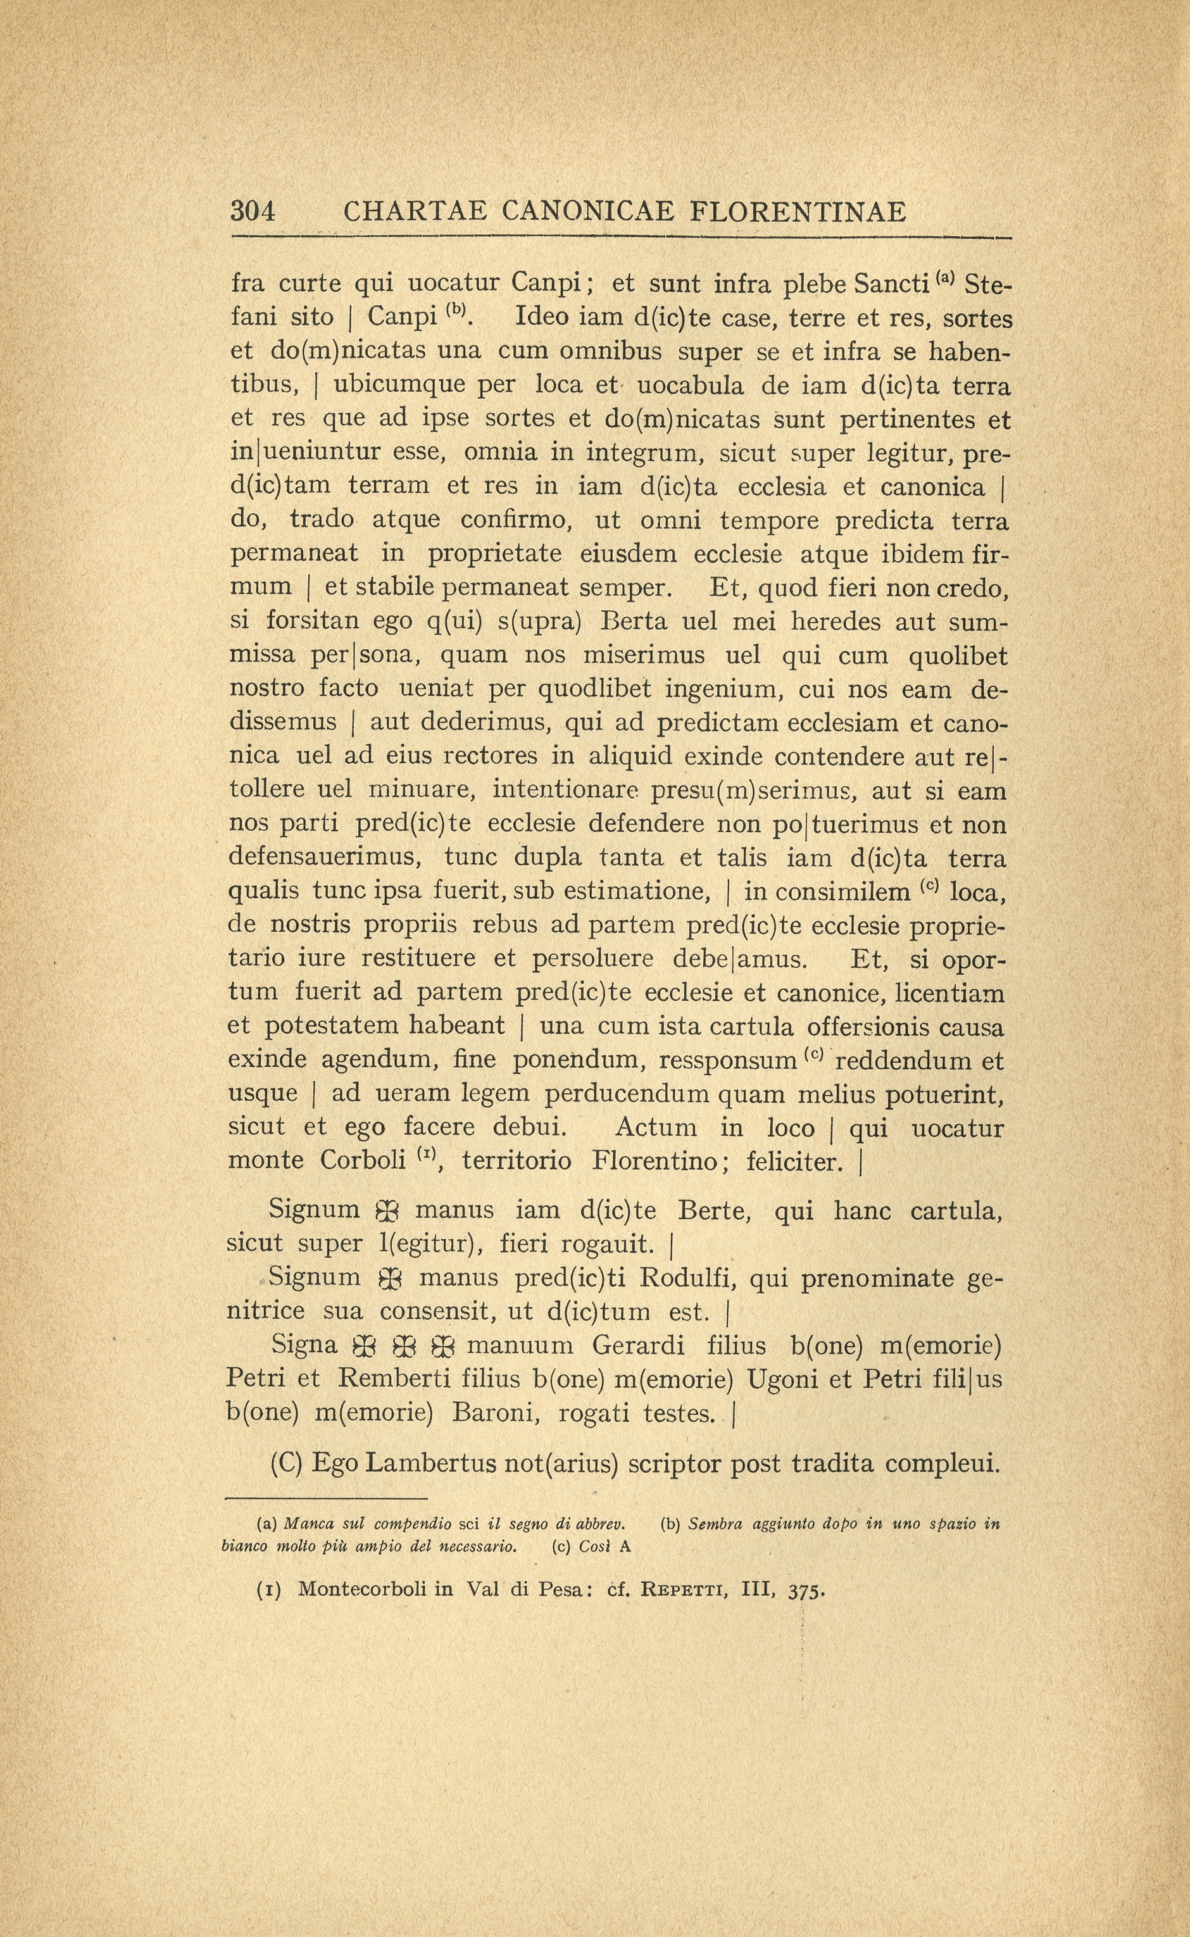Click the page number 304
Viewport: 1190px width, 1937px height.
tap(253, 211)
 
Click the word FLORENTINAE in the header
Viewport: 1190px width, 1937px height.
tap(798, 211)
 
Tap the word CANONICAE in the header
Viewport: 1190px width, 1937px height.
tap(587, 211)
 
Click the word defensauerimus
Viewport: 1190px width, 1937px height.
tap(327, 857)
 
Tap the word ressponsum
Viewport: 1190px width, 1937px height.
tap(728, 1061)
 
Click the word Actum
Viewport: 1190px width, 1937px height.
tap(656, 1128)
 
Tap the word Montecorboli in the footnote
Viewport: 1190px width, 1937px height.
tap(365, 1589)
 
